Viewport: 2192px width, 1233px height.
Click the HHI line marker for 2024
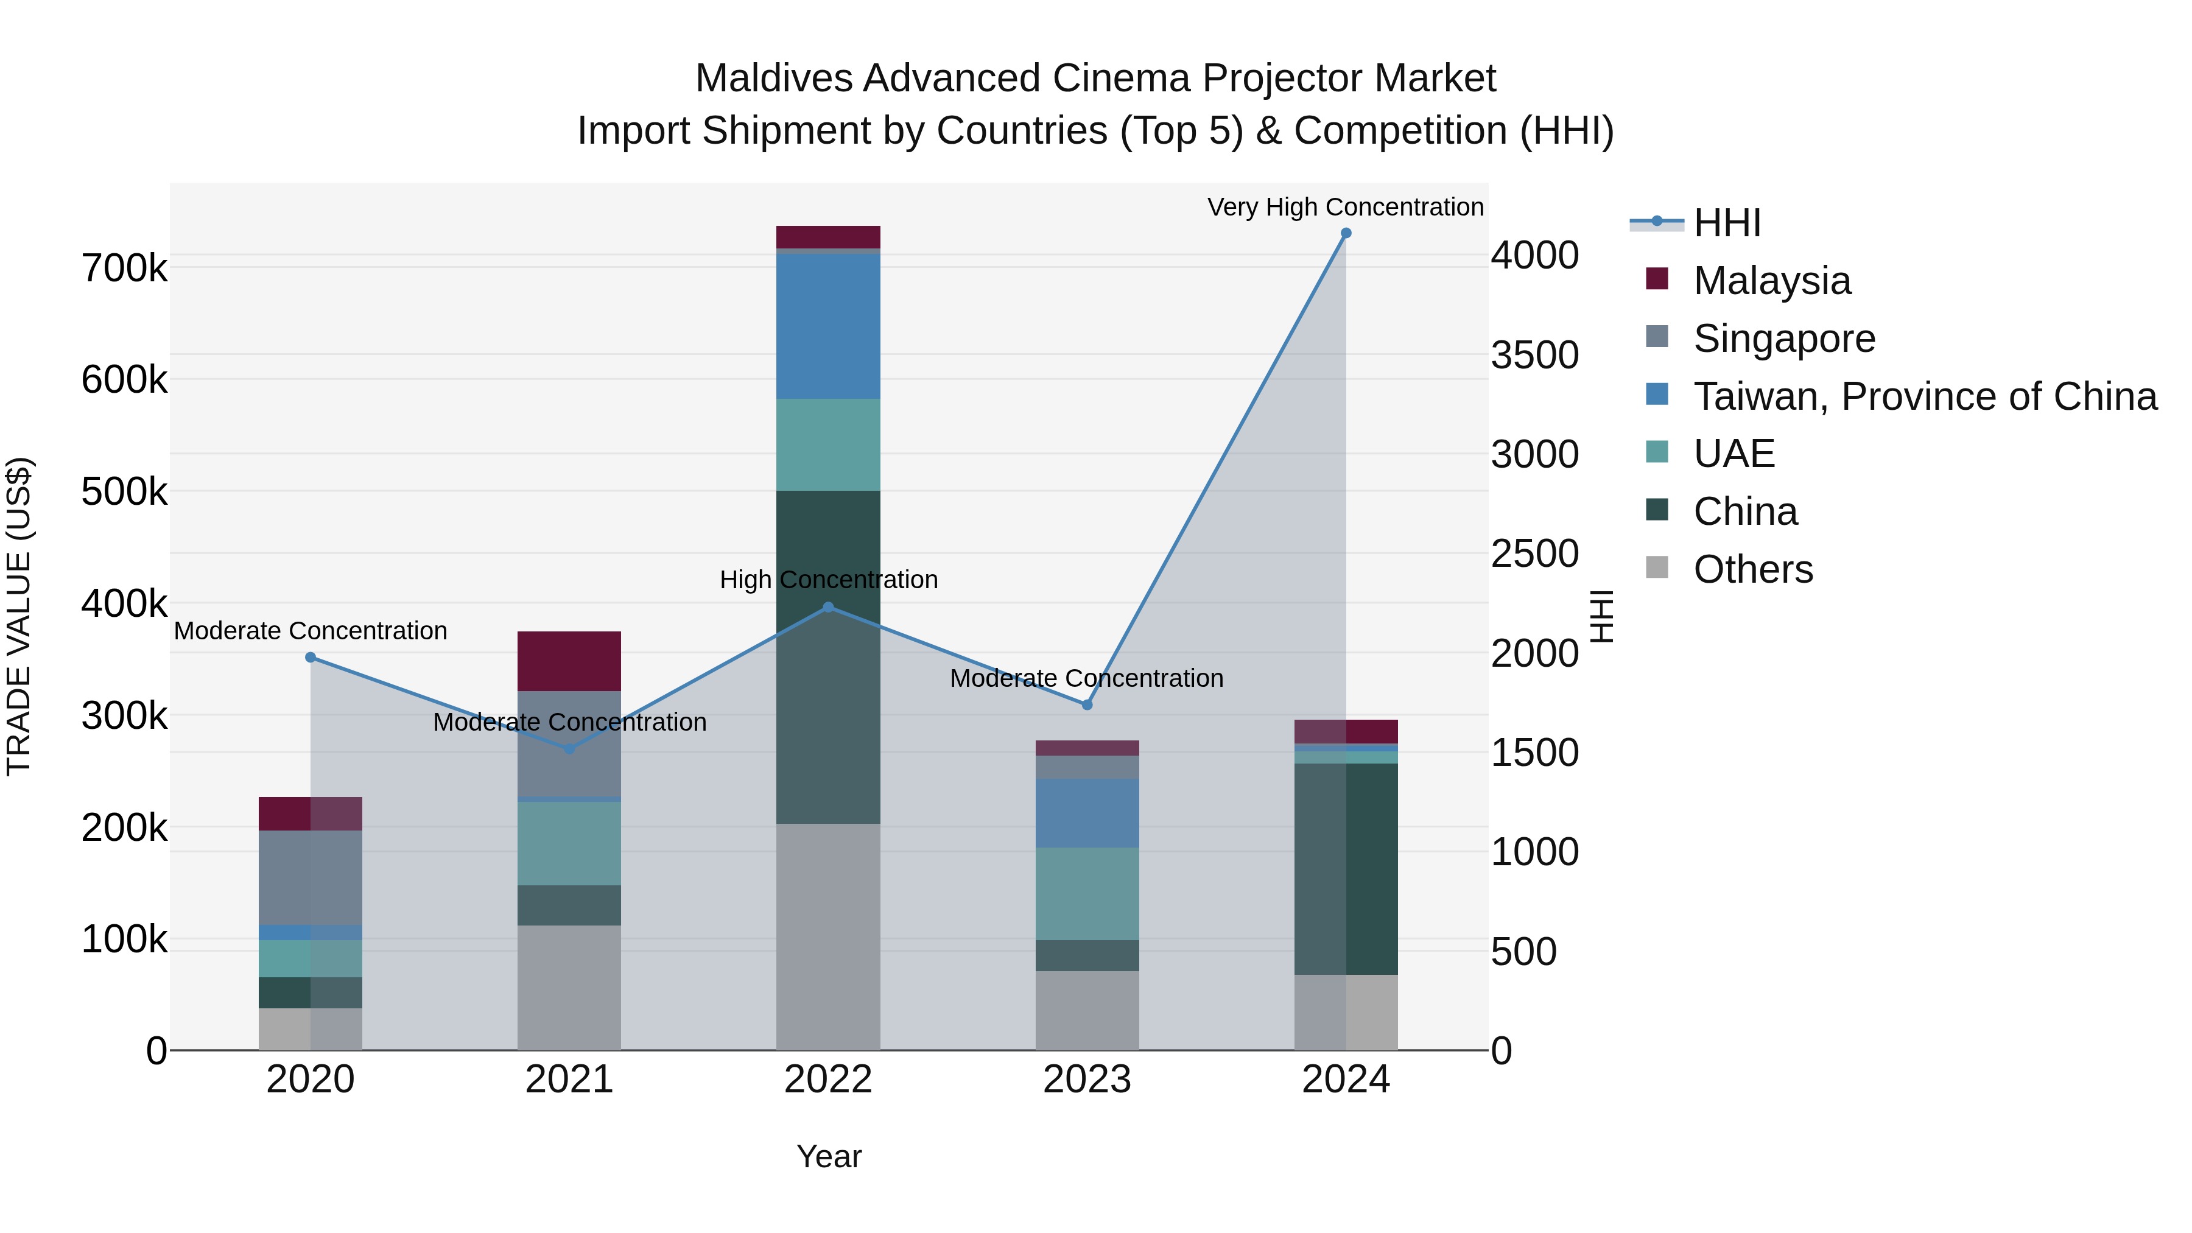pos(1345,233)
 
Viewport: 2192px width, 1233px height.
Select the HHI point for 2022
pos(828,608)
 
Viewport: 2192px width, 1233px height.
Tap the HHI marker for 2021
pos(569,749)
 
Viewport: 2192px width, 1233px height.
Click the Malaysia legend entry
pos(1772,281)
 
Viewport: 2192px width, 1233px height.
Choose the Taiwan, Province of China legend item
pos(1925,396)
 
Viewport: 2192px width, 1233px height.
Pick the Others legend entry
pos(1753,569)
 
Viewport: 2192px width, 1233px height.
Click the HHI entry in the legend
pos(1727,223)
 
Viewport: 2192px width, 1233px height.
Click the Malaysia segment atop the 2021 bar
pos(569,661)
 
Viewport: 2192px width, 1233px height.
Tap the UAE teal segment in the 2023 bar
pos(1087,893)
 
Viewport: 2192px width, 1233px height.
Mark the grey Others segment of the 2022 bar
pos(828,936)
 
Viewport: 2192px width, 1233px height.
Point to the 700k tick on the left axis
pos(124,269)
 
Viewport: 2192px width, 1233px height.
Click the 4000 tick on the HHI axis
pos(1534,255)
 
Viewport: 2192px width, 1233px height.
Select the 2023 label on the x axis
pos(1087,1080)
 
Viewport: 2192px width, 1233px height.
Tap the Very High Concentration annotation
pos(1344,207)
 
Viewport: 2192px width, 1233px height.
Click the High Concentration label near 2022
pos(828,580)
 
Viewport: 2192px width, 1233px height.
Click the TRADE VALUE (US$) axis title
pos(19,616)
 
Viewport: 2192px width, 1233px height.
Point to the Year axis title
pos(828,1156)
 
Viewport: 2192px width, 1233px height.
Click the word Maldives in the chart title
pos(773,79)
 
